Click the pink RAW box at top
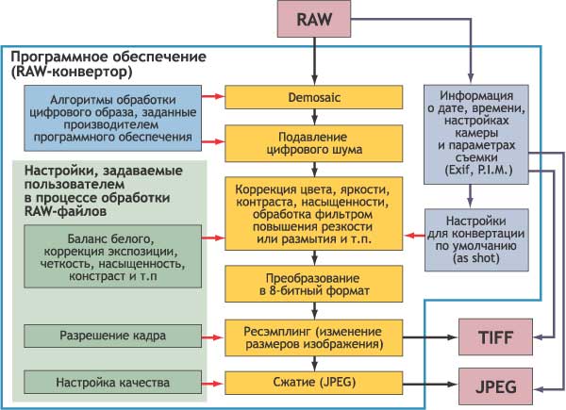click(x=312, y=21)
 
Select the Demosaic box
click(x=313, y=96)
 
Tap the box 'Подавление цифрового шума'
click(x=313, y=141)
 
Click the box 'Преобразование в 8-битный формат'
click(x=313, y=284)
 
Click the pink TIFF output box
click(x=495, y=336)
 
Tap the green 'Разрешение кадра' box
click(x=112, y=335)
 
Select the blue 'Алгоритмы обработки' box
click(x=112, y=118)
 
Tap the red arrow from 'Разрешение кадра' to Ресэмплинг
click(x=215, y=335)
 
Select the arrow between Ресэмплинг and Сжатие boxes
click(x=312, y=361)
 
